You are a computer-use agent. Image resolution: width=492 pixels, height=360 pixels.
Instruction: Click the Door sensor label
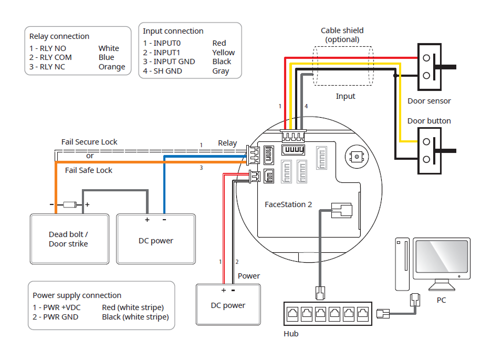(x=429, y=101)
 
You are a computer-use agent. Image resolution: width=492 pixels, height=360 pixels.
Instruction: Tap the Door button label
(x=429, y=121)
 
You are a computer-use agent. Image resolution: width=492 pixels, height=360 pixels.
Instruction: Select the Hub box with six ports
(x=328, y=314)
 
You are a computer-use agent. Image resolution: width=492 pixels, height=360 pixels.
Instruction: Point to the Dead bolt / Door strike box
(x=69, y=239)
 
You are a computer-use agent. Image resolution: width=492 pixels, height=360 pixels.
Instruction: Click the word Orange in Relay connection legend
(x=112, y=67)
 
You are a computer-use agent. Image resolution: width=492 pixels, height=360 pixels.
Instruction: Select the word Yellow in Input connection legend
(x=223, y=53)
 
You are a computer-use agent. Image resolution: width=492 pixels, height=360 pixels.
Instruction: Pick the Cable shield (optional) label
(x=342, y=35)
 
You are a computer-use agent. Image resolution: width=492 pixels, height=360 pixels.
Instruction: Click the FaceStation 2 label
(x=288, y=204)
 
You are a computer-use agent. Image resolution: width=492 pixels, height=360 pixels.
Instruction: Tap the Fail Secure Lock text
(x=89, y=142)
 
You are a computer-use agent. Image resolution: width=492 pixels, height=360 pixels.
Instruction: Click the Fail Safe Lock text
(x=89, y=170)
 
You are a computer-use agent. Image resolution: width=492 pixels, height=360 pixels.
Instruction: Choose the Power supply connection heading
(x=77, y=295)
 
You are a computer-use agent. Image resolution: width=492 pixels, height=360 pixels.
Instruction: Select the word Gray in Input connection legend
(x=221, y=71)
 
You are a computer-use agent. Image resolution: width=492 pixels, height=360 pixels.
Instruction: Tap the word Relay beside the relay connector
(x=227, y=143)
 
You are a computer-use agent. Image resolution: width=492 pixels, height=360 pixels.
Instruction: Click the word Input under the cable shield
(x=346, y=96)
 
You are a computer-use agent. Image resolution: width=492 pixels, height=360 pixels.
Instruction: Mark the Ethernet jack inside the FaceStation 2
(x=342, y=210)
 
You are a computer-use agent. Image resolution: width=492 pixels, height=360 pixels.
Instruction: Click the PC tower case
(x=403, y=264)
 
